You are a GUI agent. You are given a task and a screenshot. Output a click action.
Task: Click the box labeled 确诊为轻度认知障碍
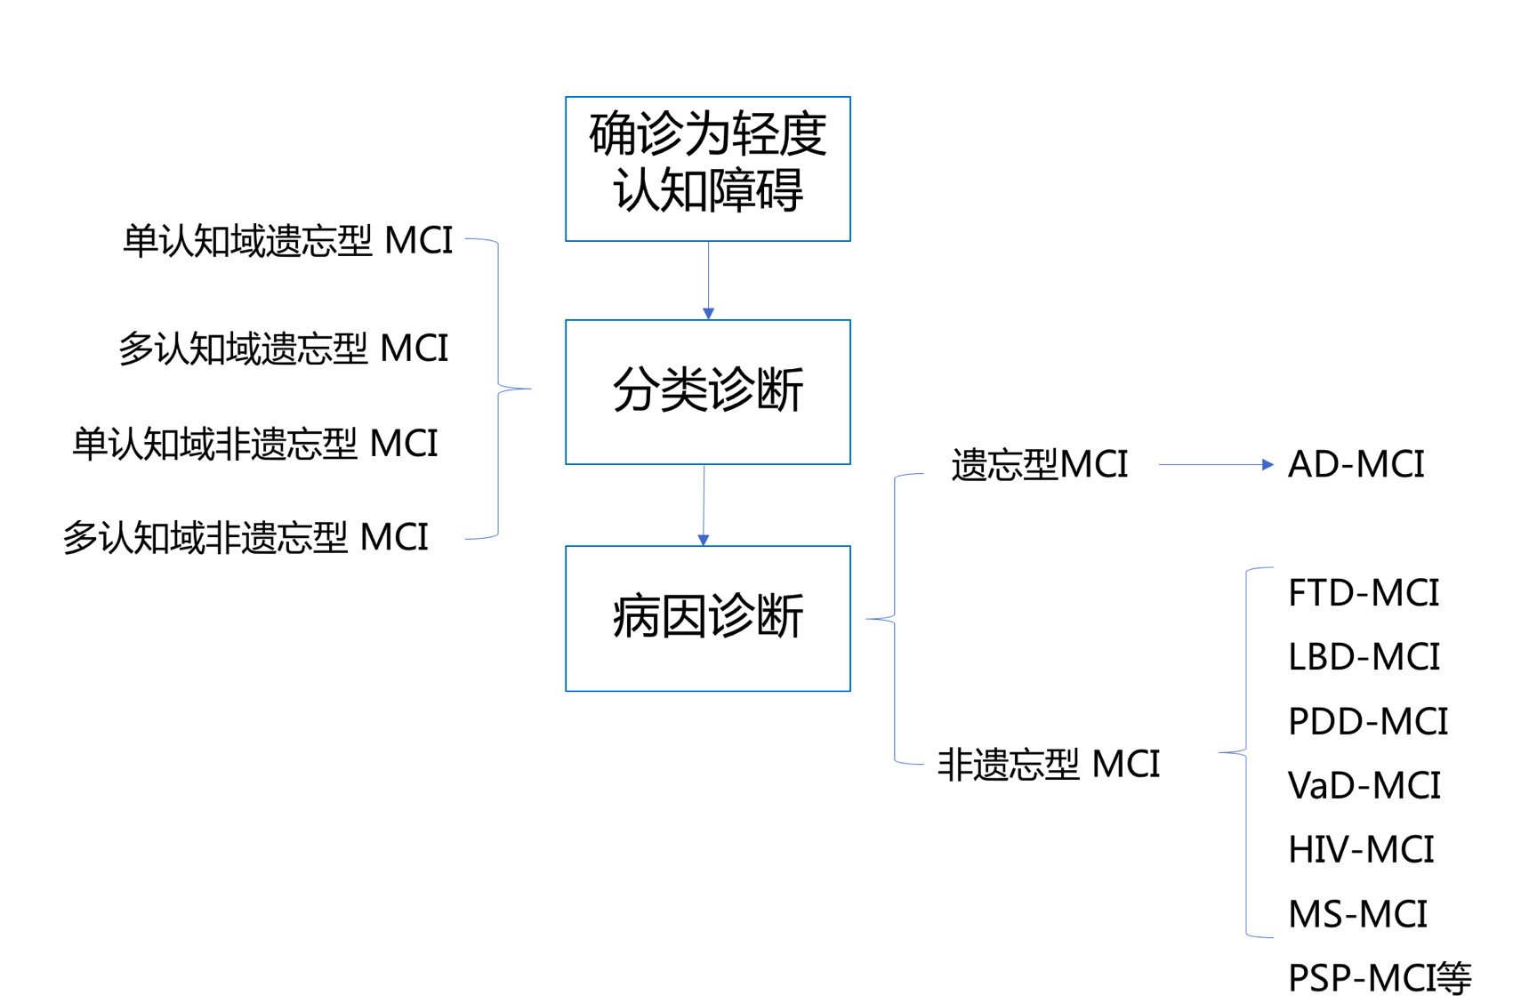point(707,169)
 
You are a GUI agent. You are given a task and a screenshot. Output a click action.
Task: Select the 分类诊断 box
point(707,391)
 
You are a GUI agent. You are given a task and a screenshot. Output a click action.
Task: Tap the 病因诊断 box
point(707,618)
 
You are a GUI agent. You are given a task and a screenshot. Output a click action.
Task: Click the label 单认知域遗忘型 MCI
point(287,241)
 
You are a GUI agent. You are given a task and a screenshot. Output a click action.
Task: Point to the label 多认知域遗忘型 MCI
point(283,349)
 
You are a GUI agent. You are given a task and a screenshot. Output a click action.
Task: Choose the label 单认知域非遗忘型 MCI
point(255,444)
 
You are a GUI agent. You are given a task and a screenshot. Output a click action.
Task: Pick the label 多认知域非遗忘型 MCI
point(245,538)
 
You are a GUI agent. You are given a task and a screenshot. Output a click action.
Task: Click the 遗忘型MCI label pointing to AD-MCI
point(1039,465)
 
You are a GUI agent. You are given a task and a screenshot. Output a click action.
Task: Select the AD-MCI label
point(1356,464)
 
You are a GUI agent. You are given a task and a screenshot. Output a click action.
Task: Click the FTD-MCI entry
point(1363,593)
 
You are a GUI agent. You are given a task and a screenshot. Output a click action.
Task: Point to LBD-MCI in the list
point(1363,657)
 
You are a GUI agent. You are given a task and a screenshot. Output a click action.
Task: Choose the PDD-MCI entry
point(1367,721)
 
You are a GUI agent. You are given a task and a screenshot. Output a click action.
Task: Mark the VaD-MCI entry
point(1364,785)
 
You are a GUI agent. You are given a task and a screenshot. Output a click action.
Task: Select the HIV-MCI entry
point(1360,849)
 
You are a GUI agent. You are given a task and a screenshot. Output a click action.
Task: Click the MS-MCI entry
point(1357,914)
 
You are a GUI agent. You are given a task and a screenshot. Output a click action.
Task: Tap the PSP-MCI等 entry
point(1379,978)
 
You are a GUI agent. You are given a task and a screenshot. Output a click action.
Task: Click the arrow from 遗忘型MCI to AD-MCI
point(1215,464)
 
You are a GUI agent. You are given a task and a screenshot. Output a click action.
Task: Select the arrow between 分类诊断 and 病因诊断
point(704,504)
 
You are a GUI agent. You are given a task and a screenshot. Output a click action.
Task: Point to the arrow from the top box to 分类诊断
point(708,280)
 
